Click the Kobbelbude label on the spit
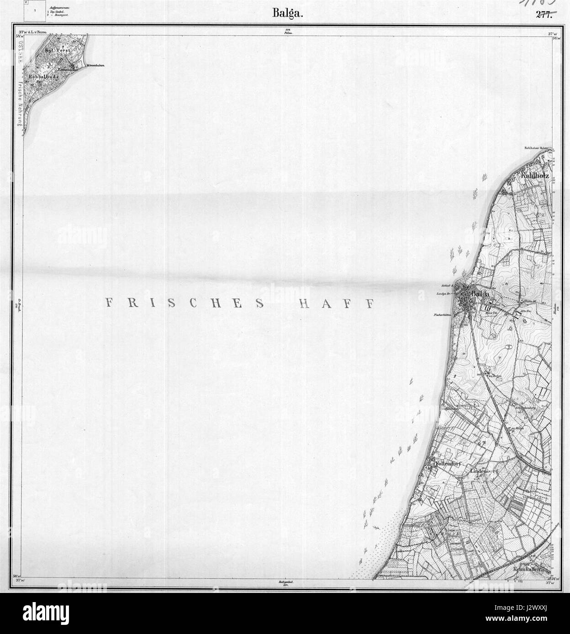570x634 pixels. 43,77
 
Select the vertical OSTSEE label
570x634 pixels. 21,55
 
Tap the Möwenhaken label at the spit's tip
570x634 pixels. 95,66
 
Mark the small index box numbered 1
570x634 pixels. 35,9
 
